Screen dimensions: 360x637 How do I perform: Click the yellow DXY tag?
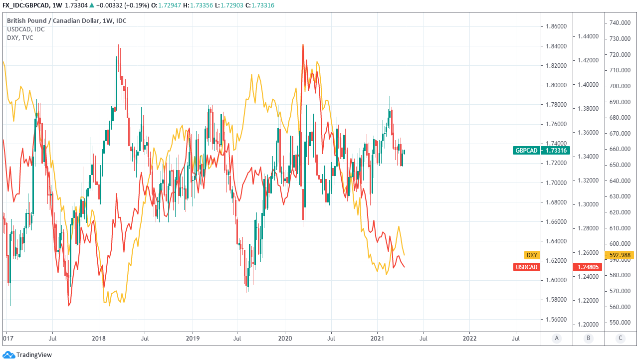(532, 255)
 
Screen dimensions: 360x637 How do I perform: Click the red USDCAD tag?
(527, 267)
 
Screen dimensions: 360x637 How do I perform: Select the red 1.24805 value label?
(589, 267)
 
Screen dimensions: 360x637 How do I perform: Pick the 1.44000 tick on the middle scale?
(588, 36)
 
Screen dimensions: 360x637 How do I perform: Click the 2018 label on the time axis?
(99, 338)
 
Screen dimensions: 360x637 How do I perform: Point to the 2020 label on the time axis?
(285, 338)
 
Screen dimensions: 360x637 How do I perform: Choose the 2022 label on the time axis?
(469, 338)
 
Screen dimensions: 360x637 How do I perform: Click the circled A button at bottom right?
(557, 338)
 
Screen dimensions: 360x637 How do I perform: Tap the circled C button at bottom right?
(621, 338)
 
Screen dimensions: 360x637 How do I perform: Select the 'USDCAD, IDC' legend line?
(25, 29)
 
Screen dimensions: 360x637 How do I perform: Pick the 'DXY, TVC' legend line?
(20, 37)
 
